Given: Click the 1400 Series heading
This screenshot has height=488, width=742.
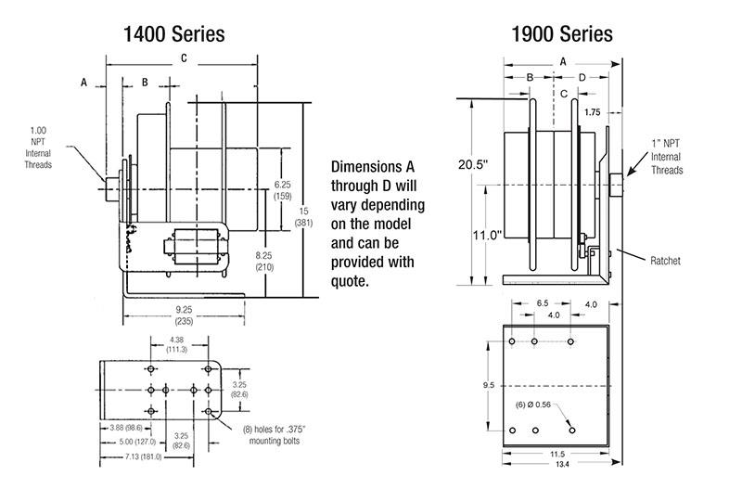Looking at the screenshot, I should [x=174, y=34].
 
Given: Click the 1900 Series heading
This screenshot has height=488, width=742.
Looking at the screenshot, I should [x=562, y=34].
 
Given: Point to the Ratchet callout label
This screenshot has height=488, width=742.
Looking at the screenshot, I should [x=664, y=262].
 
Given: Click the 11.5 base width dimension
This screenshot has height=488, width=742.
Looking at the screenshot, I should [x=556, y=454].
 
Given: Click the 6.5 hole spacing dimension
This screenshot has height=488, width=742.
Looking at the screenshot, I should [x=542, y=302].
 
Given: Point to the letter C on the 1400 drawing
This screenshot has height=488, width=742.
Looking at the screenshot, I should [x=184, y=58].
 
